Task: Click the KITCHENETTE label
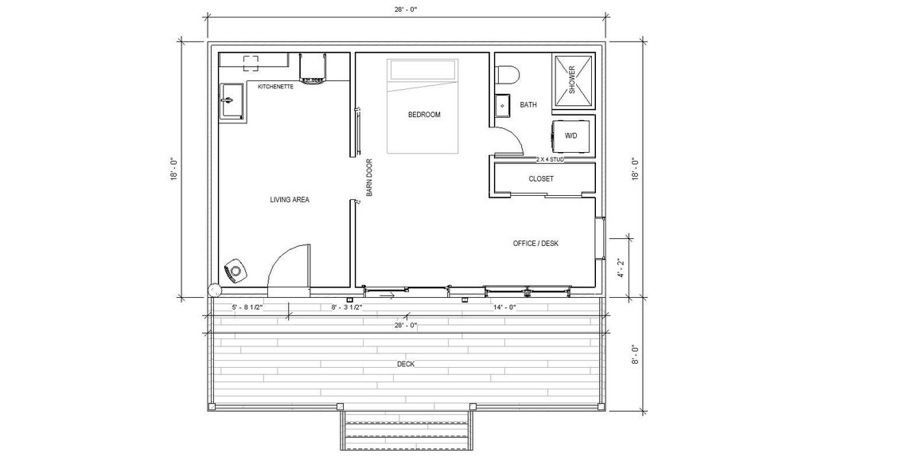point(275,87)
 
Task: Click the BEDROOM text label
point(423,115)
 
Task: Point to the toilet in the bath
point(507,76)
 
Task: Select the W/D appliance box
point(572,136)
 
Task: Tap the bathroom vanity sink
point(503,104)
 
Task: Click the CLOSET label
point(541,179)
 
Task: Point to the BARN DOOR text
point(369,178)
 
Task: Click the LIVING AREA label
point(290,200)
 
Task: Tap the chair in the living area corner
point(236,272)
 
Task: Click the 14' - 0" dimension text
point(505,307)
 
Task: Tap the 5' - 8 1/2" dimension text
point(247,307)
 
